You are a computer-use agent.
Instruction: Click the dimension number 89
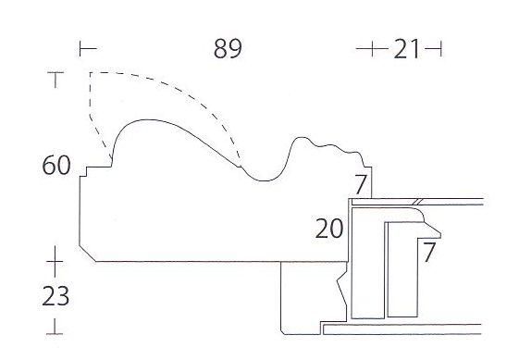pyautogui.click(x=228, y=49)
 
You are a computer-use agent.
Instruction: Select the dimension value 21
pyautogui.click(x=406, y=49)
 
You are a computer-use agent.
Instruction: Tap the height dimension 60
pyautogui.click(x=56, y=165)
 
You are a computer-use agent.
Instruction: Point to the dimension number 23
pyautogui.click(x=56, y=296)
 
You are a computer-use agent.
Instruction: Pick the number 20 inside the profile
pyautogui.click(x=329, y=229)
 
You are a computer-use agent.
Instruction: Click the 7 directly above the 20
pyautogui.click(x=361, y=184)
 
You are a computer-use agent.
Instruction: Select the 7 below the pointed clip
pyautogui.click(x=429, y=252)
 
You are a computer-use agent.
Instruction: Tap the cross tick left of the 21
pyautogui.click(x=372, y=49)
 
